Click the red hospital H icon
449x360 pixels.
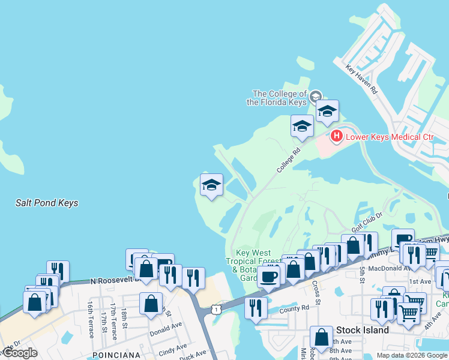[336, 137]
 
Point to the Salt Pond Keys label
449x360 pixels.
[47, 203]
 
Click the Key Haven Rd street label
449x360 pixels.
[361, 80]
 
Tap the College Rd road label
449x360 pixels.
[289, 161]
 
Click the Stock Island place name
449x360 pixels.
[363, 330]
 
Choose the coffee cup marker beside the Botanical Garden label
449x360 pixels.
[269, 276]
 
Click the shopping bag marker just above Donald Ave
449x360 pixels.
[151, 304]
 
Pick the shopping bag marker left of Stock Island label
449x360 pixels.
[322, 338]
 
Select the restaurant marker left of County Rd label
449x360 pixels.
[256, 308]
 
